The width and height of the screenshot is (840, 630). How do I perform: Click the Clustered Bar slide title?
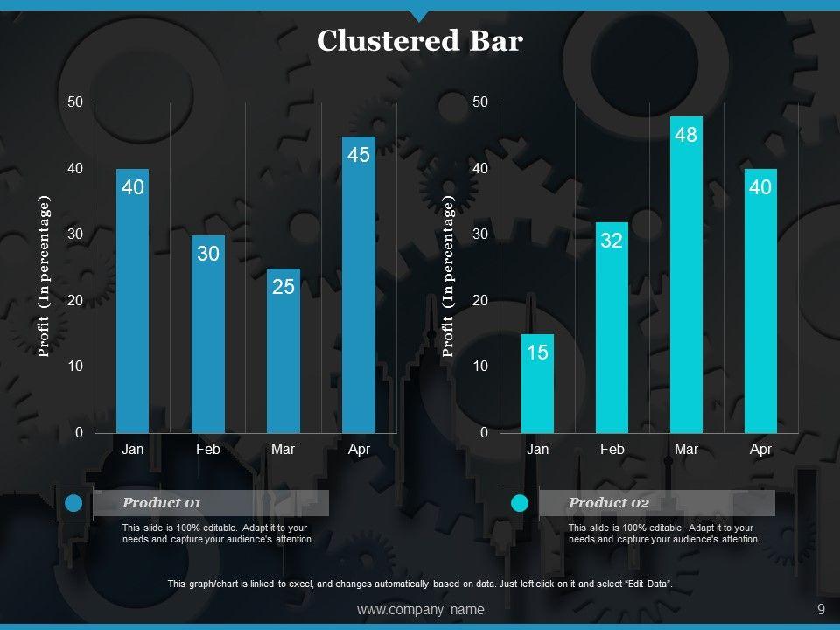click(x=419, y=41)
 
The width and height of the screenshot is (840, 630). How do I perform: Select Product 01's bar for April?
click(x=359, y=289)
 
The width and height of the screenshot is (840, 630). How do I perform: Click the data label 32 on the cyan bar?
click(x=611, y=241)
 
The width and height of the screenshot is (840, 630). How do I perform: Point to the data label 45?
click(x=359, y=155)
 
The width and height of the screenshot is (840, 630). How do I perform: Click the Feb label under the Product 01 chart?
click(x=208, y=450)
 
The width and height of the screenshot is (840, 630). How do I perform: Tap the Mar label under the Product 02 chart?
click(x=687, y=450)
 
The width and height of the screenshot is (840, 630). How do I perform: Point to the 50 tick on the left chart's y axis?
click(x=75, y=102)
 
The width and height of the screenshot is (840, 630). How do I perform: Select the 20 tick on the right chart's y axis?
click(x=480, y=300)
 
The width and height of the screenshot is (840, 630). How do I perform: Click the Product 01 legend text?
click(x=162, y=503)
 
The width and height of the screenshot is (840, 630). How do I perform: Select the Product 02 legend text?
click(x=609, y=503)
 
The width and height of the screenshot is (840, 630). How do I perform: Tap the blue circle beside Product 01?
click(x=74, y=503)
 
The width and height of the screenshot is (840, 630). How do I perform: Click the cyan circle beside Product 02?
click(x=520, y=503)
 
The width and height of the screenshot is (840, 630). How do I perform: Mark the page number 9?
click(x=821, y=610)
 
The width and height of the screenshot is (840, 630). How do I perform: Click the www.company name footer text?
click(x=421, y=610)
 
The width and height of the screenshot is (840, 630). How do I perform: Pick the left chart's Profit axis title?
click(x=45, y=276)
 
